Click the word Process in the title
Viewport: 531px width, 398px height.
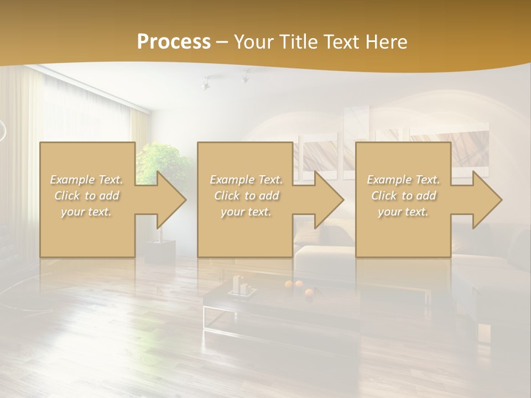point(174,42)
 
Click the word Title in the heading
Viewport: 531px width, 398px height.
point(298,42)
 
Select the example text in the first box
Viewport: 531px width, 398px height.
point(86,196)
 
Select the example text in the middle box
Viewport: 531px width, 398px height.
point(246,196)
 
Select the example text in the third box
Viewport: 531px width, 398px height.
point(403,196)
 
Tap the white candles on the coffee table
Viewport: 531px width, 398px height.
point(240,285)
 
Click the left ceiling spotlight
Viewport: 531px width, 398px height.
point(206,83)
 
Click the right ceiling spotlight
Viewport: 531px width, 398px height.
point(244,77)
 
